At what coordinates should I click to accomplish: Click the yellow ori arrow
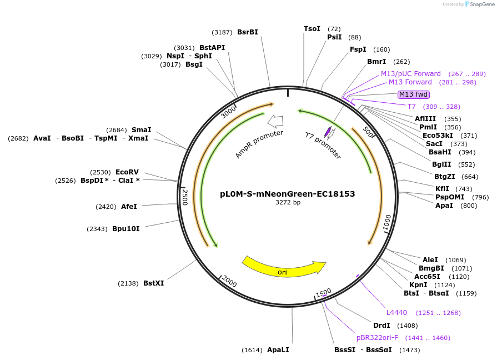point(283,267)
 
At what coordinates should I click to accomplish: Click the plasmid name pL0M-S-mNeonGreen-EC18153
point(287,194)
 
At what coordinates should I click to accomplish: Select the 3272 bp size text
point(288,203)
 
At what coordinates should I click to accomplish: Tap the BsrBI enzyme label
point(248,32)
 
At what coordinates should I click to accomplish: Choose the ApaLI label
point(278,350)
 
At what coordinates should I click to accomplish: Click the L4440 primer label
point(396,313)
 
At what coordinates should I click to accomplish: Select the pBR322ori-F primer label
point(378,338)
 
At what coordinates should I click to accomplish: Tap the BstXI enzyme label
point(154,283)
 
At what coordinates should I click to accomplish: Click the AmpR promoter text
point(259,144)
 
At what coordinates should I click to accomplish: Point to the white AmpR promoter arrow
point(275,121)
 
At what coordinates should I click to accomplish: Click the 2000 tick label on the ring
point(229,282)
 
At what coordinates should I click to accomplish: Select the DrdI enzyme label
point(381,326)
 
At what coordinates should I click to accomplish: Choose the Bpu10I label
point(126,229)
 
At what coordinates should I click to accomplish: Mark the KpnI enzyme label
point(418,285)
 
